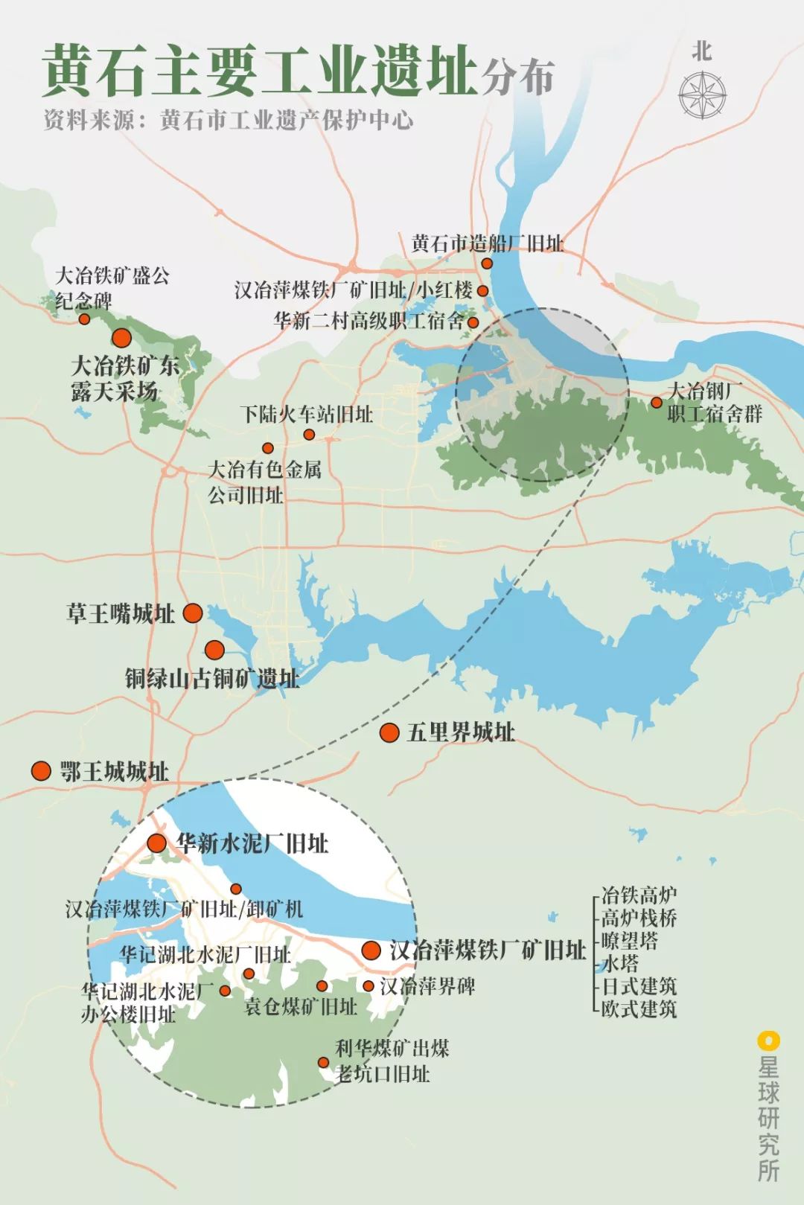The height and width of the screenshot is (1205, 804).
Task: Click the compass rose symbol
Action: pos(702,94)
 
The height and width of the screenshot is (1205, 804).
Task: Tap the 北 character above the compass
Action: pos(701,51)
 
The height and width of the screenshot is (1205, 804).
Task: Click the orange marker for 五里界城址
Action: pos(389,732)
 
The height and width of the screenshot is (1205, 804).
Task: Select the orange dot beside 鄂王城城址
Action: pos(41,770)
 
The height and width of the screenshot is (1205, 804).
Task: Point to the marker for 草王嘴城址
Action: pos(193,613)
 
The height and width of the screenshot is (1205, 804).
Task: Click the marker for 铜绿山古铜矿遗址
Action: pos(214,650)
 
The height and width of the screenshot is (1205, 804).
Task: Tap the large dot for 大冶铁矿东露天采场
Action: pos(121,339)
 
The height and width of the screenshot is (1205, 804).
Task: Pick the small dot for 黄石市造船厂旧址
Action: pos(487,263)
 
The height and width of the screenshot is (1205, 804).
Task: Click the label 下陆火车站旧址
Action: pos(307,414)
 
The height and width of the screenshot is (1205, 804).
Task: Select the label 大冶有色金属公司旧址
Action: pos(264,482)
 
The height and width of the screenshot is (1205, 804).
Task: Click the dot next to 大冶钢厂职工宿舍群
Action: pos(656,403)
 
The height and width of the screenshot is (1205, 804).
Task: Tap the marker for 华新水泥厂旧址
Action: pos(156,843)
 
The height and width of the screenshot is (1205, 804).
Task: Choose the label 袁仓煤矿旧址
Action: pos(301,1006)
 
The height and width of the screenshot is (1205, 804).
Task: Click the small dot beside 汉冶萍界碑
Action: pos(368,986)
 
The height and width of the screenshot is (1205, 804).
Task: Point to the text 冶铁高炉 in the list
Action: pos(639,894)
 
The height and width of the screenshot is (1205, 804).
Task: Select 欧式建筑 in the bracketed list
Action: pos(639,1009)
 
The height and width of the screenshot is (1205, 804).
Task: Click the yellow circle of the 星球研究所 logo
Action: pos(768,1040)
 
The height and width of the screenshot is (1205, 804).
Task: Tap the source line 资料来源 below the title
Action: pos(228,120)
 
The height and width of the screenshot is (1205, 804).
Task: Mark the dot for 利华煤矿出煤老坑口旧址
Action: pos(323,1062)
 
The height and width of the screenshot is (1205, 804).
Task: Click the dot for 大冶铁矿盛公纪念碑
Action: pos(84,319)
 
